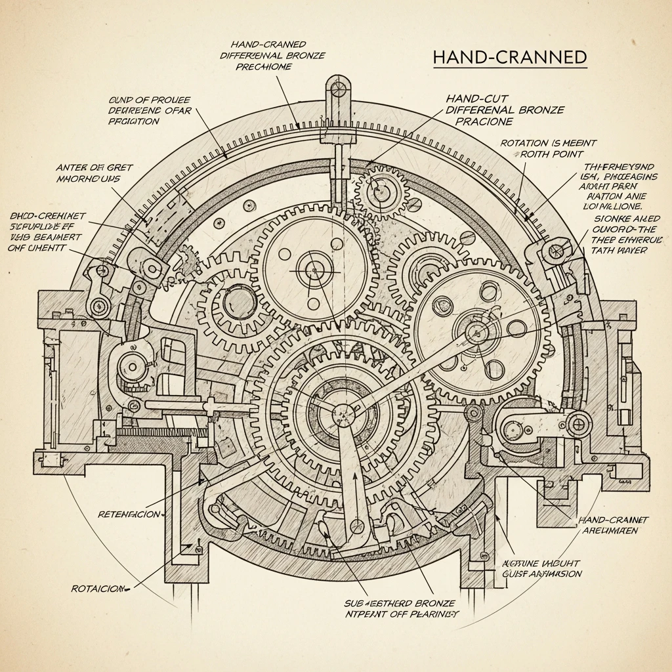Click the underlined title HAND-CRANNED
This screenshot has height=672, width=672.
pyautogui.click(x=510, y=57)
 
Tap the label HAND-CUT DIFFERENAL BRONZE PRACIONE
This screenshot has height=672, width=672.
pyautogui.click(x=504, y=110)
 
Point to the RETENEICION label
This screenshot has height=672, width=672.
pyautogui.click(x=129, y=514)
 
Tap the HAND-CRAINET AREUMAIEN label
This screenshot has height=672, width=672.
pyautogui.click(x=614, y=525)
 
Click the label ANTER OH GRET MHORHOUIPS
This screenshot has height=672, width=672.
pyautogui.click(x=94, y=173)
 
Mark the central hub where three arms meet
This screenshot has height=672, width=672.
pyautogui.click(x=342, y=413)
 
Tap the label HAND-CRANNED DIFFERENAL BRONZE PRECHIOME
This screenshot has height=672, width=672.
pyautogui.click(x=272, y=55)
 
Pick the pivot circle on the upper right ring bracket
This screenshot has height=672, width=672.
pyautogui.click(x=556, y=250)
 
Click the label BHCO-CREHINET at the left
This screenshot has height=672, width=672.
pyautogui.click(x=46, y=227)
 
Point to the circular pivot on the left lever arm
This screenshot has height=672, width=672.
pyautogui.click(x=99, y=304)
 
